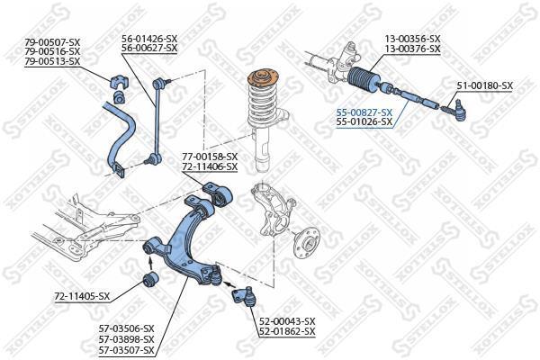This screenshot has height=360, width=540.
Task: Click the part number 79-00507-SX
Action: click(x=52, y=42)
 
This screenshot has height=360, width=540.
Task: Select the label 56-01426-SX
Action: click(x=149, y=38)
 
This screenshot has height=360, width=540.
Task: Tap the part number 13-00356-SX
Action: click(x=412, y=38)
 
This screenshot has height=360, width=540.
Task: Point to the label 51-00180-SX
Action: click(x=485, y=85)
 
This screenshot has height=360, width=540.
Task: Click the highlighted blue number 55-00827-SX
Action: click(x=364, y=112)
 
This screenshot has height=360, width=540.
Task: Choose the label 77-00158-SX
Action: click(x=210, y=157)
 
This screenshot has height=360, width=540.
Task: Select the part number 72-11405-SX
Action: click(x=82, y=296)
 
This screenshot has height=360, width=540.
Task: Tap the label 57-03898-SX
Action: click(x=126, y=339)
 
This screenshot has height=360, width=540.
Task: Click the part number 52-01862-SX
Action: click(x=287, y=331)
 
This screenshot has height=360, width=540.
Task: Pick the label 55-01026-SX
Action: click(x=364, y=121)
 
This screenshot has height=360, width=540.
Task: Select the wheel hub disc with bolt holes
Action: click(x=307, y=242)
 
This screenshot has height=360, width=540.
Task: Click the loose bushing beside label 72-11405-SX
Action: click(x=150, y=280)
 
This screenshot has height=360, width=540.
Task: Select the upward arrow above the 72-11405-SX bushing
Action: click(x=150, y=263)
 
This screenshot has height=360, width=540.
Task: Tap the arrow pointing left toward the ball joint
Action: click(x=229, y=284)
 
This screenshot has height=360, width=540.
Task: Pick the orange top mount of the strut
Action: click(x=264, y=78)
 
